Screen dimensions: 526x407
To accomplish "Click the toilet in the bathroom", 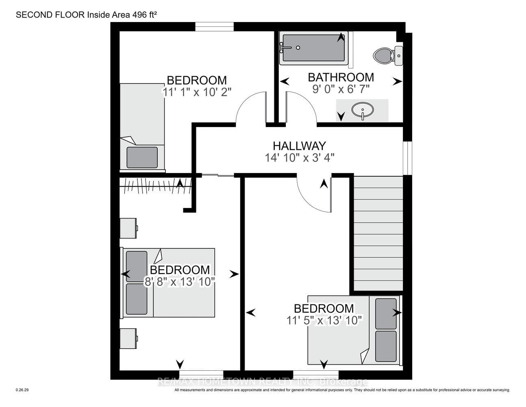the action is [388, 56].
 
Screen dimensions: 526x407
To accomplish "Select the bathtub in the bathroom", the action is [314, 48].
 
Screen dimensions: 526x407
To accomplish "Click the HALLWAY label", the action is [299, 146].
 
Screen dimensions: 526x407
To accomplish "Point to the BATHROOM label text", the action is [341, 77].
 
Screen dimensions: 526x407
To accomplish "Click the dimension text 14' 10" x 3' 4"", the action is [300, 158].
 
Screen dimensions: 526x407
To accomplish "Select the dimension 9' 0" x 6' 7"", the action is [341, 90].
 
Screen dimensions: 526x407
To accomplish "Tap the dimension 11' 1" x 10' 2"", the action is [197, 92].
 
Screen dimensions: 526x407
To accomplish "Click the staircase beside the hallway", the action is [378, 233].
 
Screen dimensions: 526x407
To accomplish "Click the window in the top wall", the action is [215, 26].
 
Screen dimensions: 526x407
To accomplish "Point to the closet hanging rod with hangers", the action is [156, 186].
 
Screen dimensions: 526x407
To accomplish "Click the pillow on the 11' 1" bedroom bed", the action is [142, 158].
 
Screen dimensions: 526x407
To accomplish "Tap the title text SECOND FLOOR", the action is [50, 15].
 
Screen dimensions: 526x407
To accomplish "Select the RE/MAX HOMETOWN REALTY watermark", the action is [263, 382].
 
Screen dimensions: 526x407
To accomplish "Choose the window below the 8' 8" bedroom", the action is [201, 374].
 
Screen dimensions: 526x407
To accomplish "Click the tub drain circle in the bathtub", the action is [298, 48].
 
